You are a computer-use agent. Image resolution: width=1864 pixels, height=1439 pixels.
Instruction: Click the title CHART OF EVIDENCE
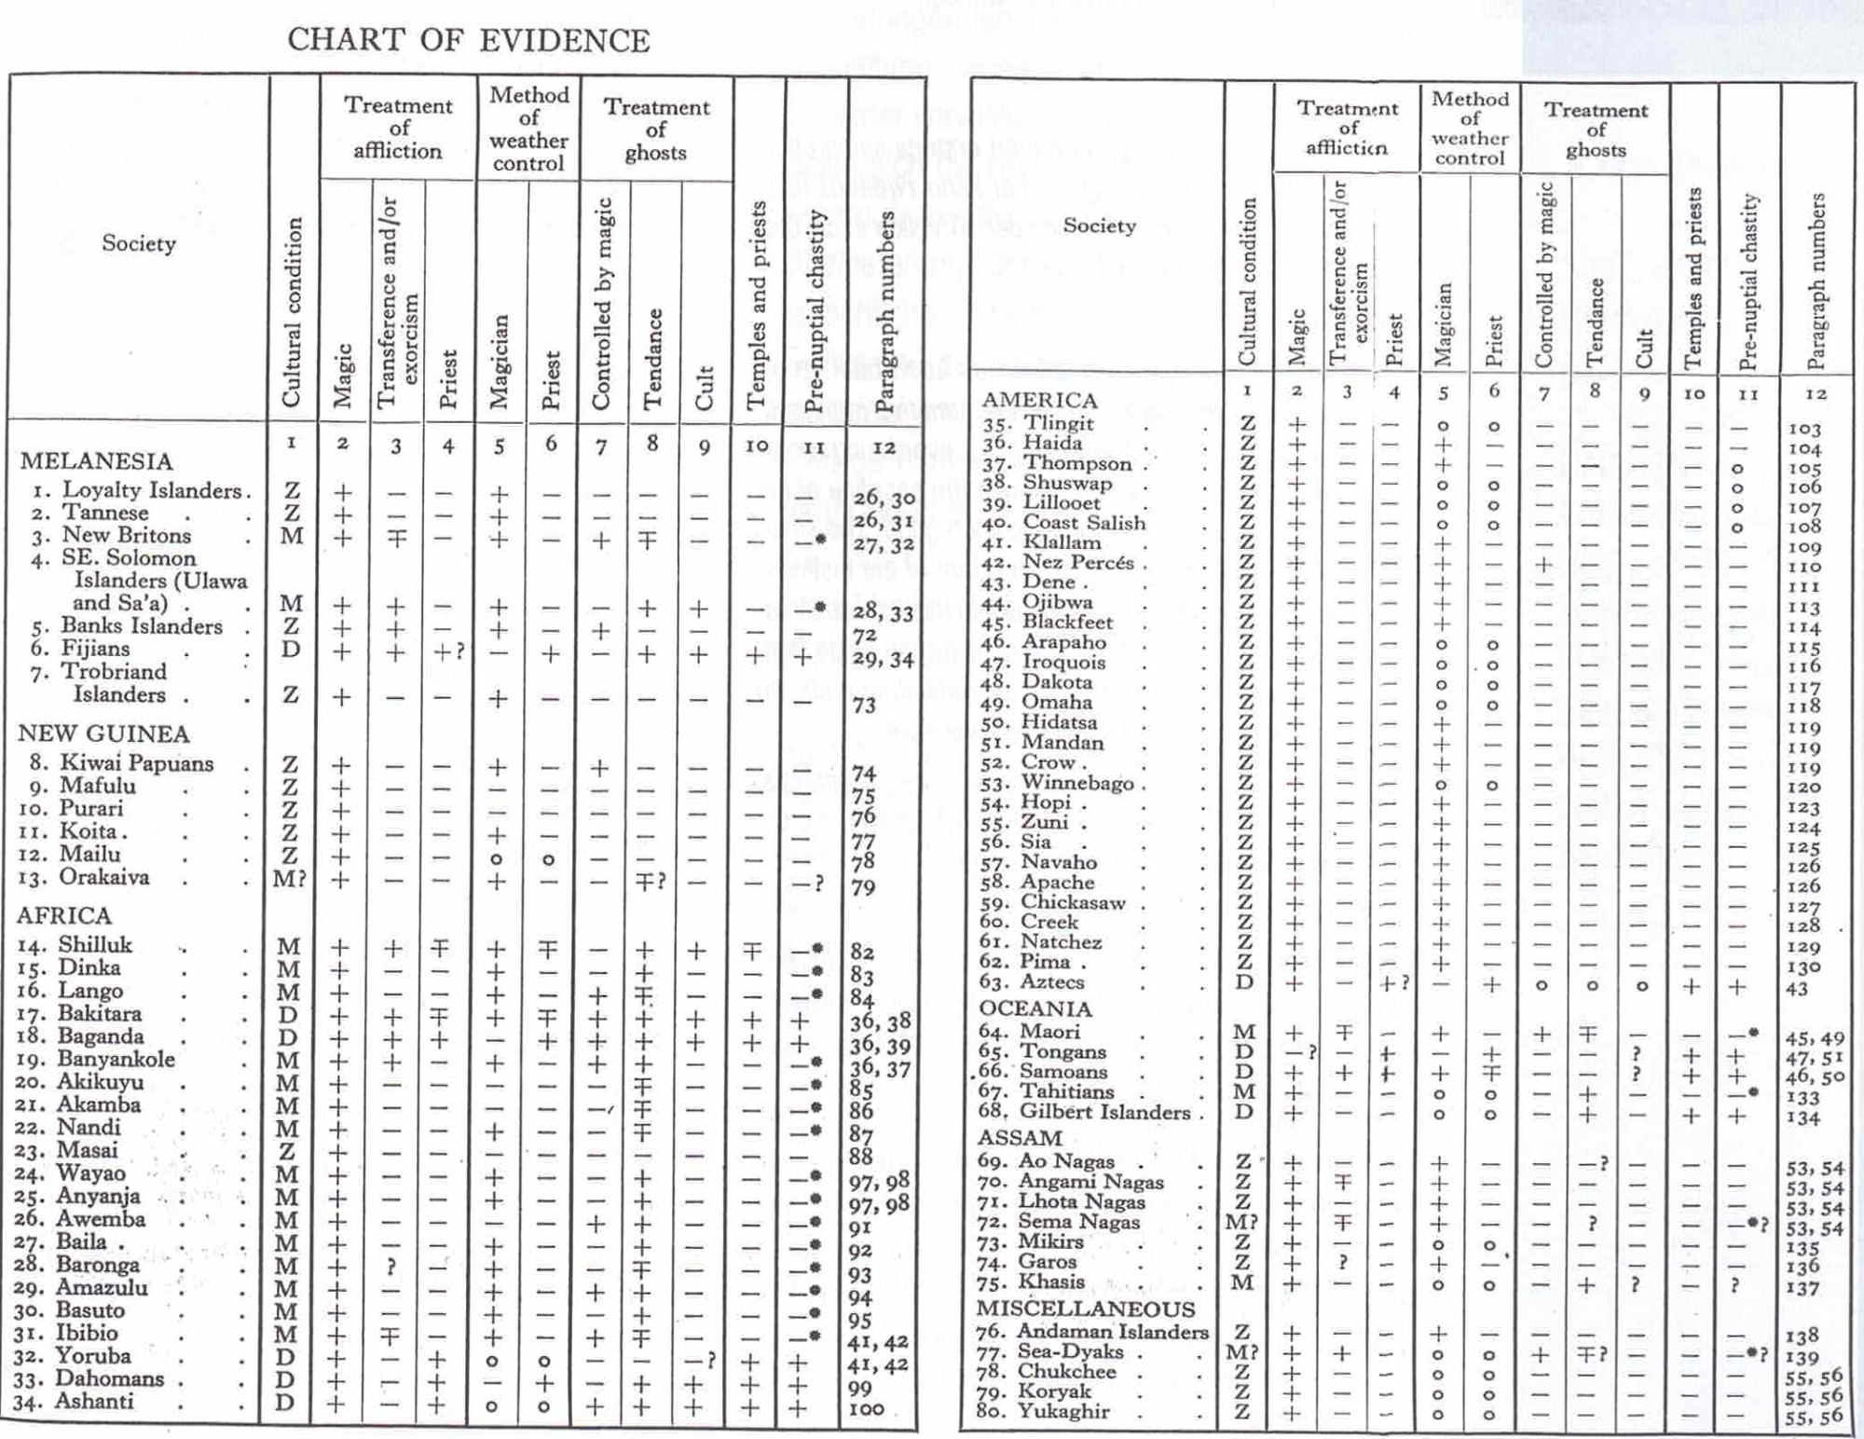click(468, 41)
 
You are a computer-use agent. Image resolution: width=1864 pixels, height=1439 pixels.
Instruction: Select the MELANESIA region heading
click(96, 461)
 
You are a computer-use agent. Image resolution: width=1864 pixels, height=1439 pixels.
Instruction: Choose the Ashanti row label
click(94, 1402)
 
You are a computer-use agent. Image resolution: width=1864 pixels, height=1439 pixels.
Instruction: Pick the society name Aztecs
click(1053, 981)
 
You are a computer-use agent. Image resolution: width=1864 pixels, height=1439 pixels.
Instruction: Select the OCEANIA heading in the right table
click(1035, 1008)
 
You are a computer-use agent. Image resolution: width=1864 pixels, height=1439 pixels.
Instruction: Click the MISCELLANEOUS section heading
click(1086, 1309)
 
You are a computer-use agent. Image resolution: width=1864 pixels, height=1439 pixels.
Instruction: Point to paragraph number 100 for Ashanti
click(866, 1409)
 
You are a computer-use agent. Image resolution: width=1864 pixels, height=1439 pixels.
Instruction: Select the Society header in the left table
click(139, 243)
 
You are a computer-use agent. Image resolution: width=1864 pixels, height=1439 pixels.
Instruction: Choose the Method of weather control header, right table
click(1470, 128)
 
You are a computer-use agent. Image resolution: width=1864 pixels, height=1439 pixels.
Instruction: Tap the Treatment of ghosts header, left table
click(656, 130)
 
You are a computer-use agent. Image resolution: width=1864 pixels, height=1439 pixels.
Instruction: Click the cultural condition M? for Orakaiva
click(289, 878)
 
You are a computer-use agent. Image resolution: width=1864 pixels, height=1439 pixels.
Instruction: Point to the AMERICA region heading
click(1039, 400)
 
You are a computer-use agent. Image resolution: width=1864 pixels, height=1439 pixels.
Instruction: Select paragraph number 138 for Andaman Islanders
click(1803, 1336)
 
